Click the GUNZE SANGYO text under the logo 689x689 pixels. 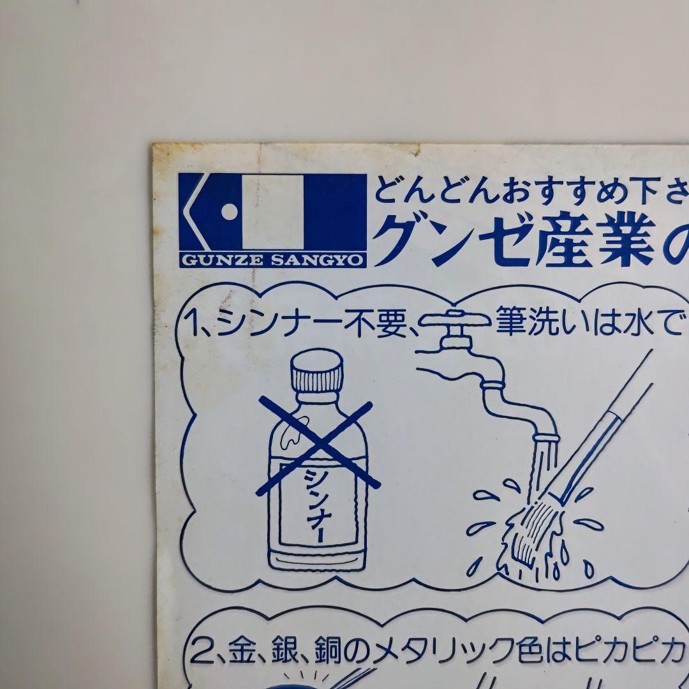click(273, 259)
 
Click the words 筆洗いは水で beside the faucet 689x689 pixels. click(587, 327)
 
